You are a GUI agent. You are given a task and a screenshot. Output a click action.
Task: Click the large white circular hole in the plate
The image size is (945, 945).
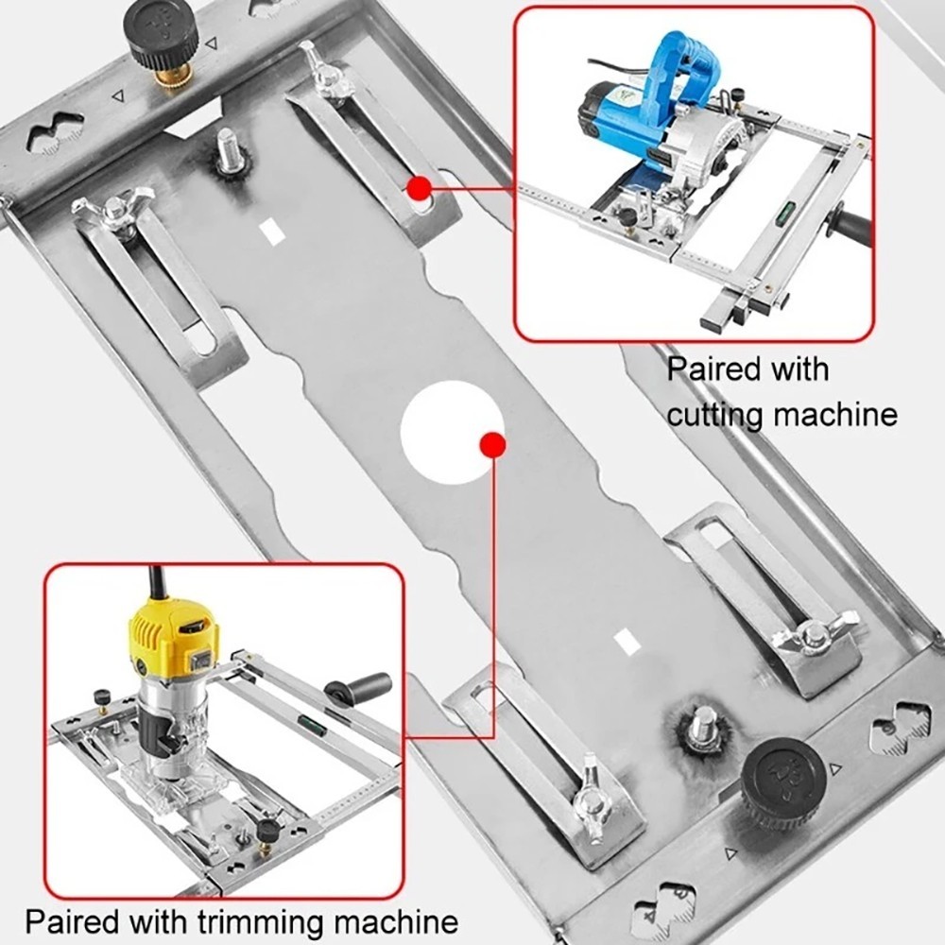coord(451,433)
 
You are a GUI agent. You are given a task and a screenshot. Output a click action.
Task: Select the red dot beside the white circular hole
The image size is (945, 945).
coord(490,445)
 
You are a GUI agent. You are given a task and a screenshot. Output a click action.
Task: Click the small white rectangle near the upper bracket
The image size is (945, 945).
coord(271,231)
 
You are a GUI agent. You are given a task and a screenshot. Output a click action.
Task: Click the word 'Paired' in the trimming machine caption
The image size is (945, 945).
coord(71,921)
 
